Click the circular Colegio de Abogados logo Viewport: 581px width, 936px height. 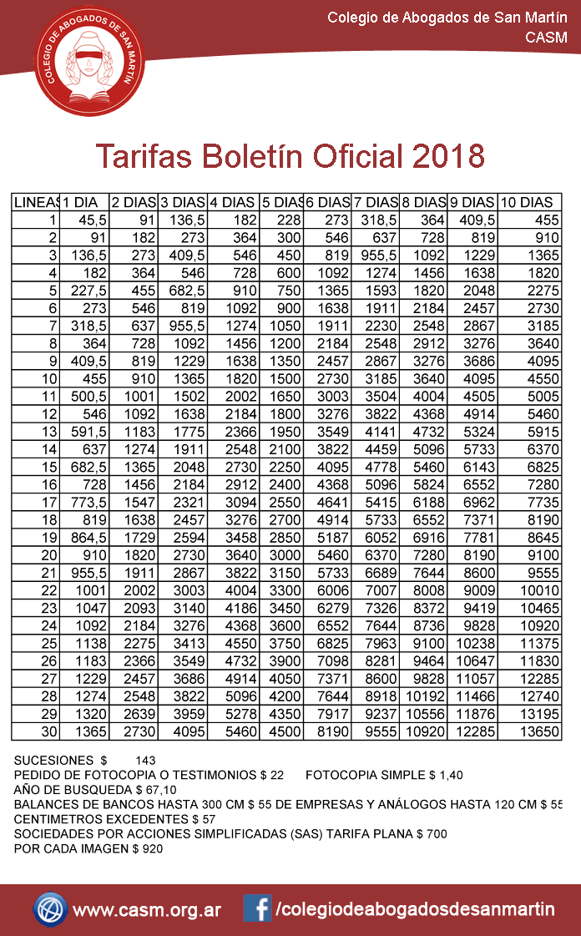click(x=88, y=68)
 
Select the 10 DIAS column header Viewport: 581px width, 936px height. click(x=527, y=202)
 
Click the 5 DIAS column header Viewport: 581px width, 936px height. click(x=281, y=202)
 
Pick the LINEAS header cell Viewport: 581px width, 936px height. click(x=36, y=202)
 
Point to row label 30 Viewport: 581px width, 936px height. click(x=48, y=731)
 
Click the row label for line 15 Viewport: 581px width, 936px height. click(x=48, y=465)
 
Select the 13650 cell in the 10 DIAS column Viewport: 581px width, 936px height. click(x=538, y=731)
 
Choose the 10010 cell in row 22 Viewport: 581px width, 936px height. click(x=538, y=589)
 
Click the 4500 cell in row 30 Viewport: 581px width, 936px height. click(x=282, y=731)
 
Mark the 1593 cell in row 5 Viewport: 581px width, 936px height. click(x=380, y=291)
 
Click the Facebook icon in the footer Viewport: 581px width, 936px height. click(x=257, y=908)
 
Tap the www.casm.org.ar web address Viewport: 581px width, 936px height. click(x=147, y=910)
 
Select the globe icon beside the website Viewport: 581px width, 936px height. click(x=50, y=908)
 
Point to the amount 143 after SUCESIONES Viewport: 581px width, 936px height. click(x=145, y=761)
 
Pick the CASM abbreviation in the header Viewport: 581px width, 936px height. click(x=546, y=37)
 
